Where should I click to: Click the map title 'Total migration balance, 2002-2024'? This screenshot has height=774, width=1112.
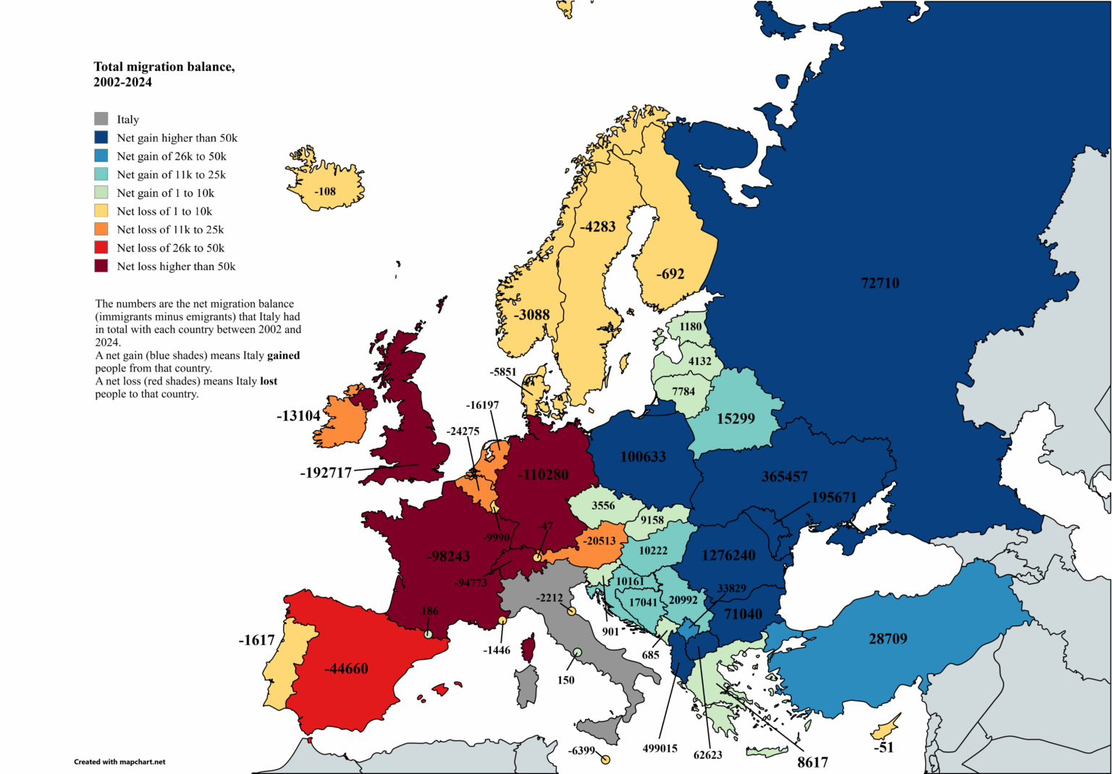(x=164, y=74)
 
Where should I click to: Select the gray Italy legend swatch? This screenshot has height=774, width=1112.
(x=101, y=119)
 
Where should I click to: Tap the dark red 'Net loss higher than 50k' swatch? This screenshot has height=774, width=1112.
(x=101, y=266)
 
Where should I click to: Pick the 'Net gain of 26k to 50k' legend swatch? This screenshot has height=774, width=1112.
(x=101, y=156)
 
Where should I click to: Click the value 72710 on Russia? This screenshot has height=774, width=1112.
(x=880, y=283)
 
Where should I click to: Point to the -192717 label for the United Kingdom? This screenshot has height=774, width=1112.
(x=326, y=473)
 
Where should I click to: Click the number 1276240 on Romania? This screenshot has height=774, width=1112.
(x=728, y=555)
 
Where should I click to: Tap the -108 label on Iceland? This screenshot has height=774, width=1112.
(x=325, y=192)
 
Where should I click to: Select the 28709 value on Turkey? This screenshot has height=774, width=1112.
(x=888, y=639)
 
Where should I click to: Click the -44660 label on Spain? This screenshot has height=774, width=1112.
(x=346, y=668)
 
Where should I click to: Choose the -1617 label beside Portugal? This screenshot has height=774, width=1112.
(x=257, y=640)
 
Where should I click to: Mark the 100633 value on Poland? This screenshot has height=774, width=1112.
(x=643, y=457)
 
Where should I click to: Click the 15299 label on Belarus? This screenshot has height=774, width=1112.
(x=736, y=418)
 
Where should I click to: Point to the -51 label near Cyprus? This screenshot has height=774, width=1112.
(x=883, y=747)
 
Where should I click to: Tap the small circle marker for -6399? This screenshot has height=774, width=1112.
(x=605, y=760)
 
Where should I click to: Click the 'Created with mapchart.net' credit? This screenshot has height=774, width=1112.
(x=119, y=762)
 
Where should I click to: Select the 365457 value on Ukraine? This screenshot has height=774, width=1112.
(x=784, y=476)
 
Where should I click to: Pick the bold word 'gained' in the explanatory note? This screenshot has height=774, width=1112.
(x=283, y=356)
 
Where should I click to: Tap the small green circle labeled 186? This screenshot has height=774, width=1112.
(x=428, y=634)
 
